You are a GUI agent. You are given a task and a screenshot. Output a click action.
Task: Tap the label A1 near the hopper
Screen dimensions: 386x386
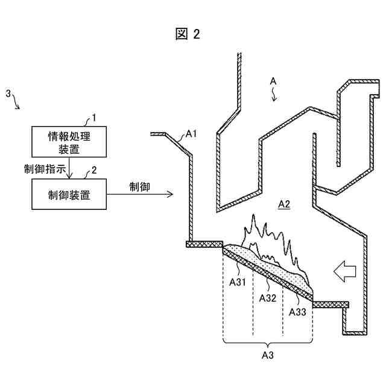click(x=191, y=134)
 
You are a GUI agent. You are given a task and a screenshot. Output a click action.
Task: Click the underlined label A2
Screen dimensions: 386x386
click(x=283, y=204)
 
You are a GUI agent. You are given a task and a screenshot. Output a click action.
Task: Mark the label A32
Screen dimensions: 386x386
click(x=268, y=297)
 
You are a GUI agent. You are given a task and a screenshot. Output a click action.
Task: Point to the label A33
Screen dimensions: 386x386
click(x=298, y=312)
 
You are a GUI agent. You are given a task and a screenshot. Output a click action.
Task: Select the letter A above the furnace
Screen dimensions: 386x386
click(x=273, y=80)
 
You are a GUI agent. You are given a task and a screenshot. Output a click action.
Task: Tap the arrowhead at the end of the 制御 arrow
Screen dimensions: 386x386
click(x=171, y=194)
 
